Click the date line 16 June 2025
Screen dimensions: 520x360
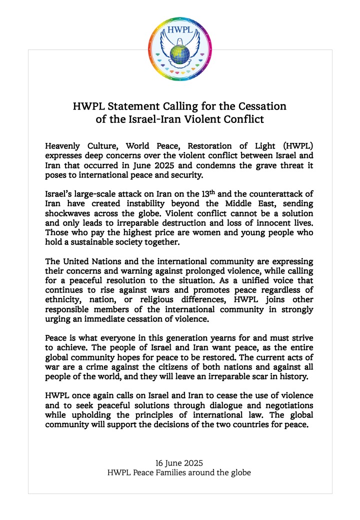(179, 462)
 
